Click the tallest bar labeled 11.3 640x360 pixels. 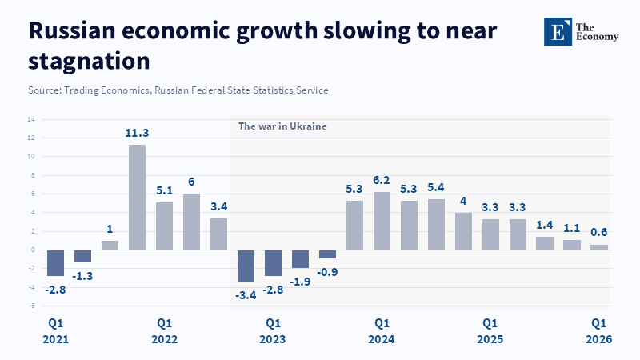pyautogui.click(x=137, y=197)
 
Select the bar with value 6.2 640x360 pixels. pyautogui.click(x=382, y=221)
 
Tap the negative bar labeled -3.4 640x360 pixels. pyautogui.click(x=246, y=266)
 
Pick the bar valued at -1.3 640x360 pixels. pyautogui.click(x=82, y=256)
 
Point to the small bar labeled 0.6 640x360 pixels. pyautogui.click(x=599, y=247)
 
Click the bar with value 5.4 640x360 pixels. pyautogui.click(x=436, y=224)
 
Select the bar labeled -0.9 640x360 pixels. pyautogui.click(x=327, y=254)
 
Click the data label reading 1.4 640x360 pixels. pyautogui.click(x=545, y=226)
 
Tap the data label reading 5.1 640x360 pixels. pyautogui.click(x=164, y=191)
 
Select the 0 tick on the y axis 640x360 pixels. pyautogui.click(x=32, y=250)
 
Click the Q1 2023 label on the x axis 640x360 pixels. pyautogui.click(x=273, y=331)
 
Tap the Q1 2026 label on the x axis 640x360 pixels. pyautogui.click(x=599, y=331)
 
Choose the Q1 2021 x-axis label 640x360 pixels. pyautogui.click(x=55, y=331)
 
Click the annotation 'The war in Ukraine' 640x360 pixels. pyautogui.click(x=282, y=126)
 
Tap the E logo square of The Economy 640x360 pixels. pyautogui.click(x=558, y=31)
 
